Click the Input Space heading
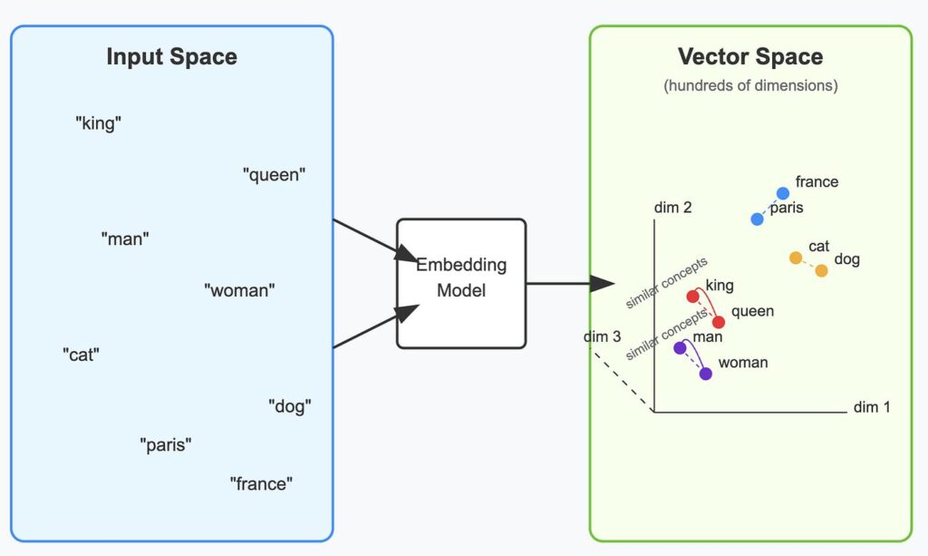pyautogui.click(x=171, y=57)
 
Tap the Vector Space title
pyautogui.click(x=750, y=57)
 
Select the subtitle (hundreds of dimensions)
pyautogui.click(x=750, y=85)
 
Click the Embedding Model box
pyautogui.click(x=461, y=284)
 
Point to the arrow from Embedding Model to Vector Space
pyautogui.click(x=571, y=284)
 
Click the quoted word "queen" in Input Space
pyautogui.click(x=274, y=175)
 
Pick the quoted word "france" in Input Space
pyautogui.click(x=261, y=483)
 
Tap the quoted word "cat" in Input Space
pyautogui.click(x=81, y=355)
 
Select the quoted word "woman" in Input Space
pyautogui.click(x=239, y=290)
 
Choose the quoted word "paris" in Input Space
pyautogui.click(x=166, y=444)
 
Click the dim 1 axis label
pyautogui.click(x=872, y=406)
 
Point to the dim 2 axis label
pyautogui.click(x=673, y=207)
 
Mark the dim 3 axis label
pyautogui.click(x=602, y=337)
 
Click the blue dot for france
pyautogui.click(x=783, y=193)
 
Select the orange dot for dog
pyautogui.click(x=821, y=270)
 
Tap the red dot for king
pyautogui.click(x=693, y=296)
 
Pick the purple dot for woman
pyautogui.click(x=705, y=374)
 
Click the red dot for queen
pyautogui.click(x=719, y=322)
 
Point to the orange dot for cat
pyautogui.click(x=796, y=258)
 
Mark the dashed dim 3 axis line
pyautogui.click(x=623, y=381)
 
